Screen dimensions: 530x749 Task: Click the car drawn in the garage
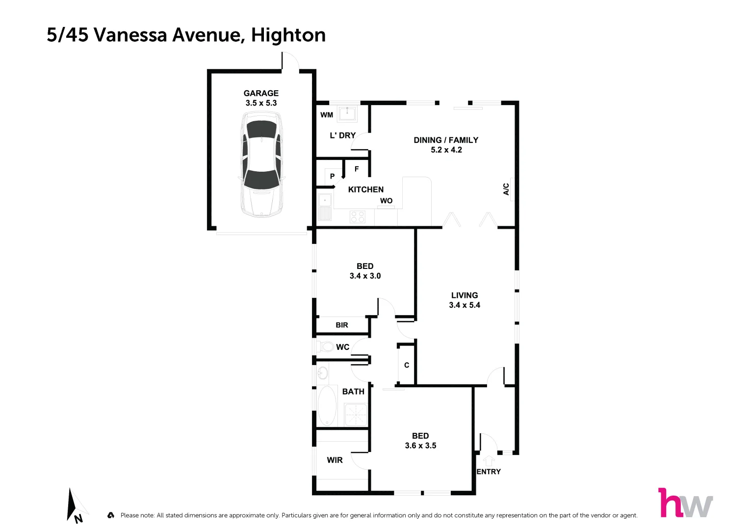pos(262,164)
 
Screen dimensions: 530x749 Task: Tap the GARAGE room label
pos(261,93)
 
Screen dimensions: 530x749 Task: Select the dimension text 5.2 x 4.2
pos(446,150)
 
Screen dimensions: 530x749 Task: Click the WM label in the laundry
pos(327,115)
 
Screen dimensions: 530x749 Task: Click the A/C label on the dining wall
pos(506,189)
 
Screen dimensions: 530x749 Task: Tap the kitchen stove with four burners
pos(358,216)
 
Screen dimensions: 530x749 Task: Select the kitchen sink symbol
pos(325,207)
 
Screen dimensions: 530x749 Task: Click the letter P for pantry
pos(332,176)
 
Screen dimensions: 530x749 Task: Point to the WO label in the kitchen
pos(386,201)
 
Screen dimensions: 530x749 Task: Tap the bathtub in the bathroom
pos(327,406)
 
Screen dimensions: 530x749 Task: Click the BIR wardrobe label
pos(342,325)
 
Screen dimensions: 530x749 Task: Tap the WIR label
pos(335,460)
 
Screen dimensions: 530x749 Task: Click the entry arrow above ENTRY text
pos(489,461)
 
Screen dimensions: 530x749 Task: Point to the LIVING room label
pos(464,295)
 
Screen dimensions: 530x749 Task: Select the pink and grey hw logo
pos(685,503)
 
